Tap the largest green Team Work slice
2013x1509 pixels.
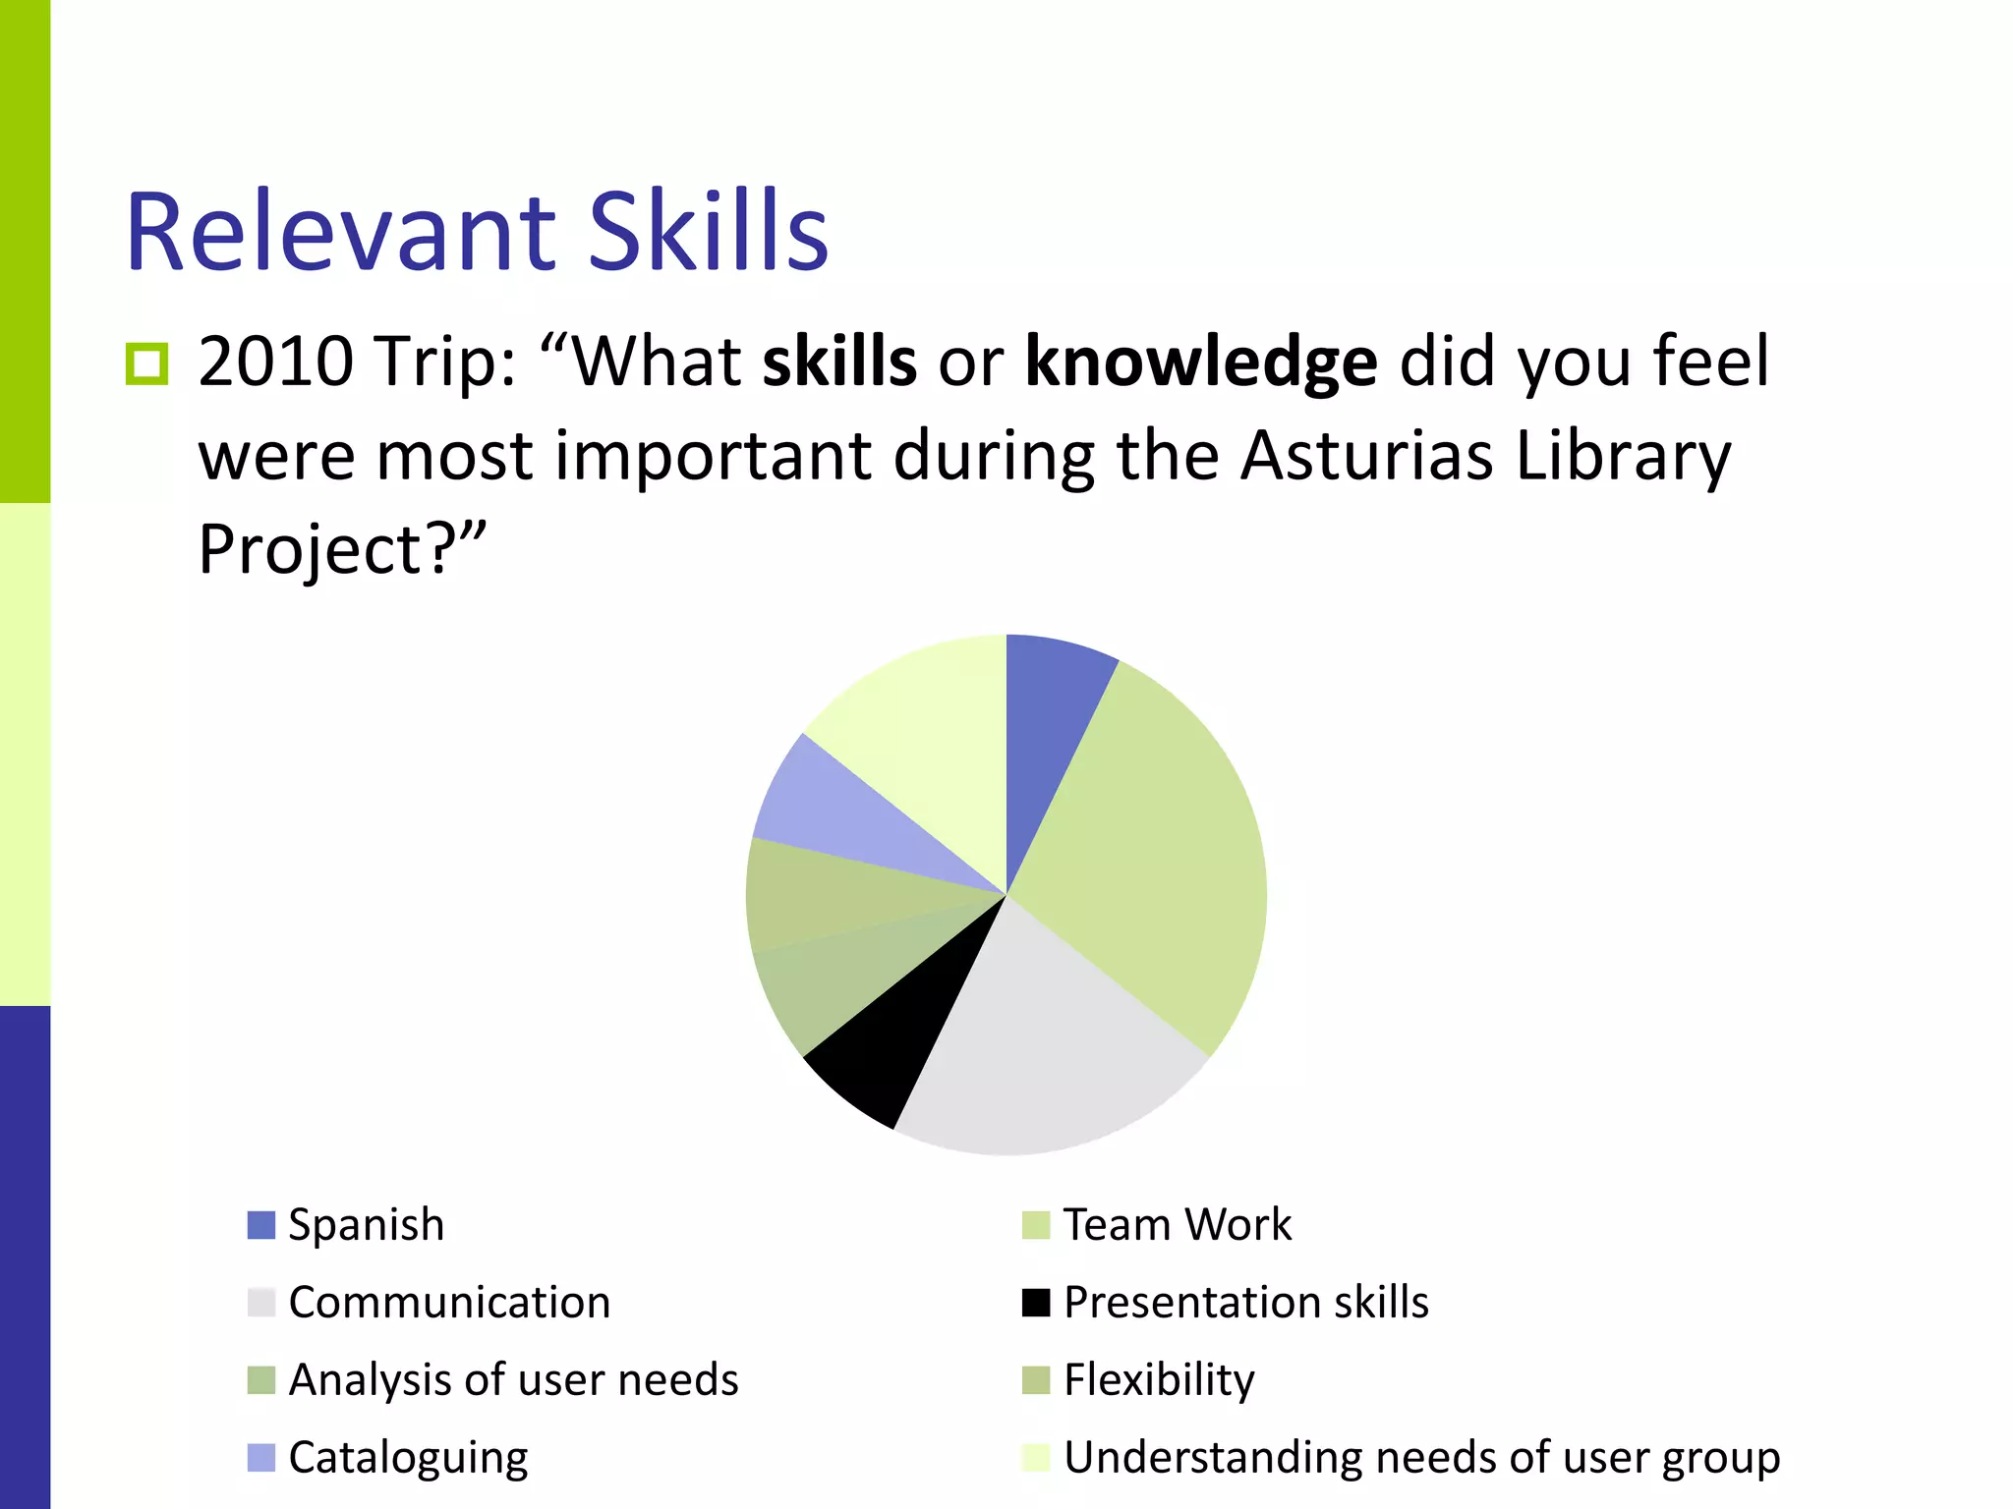coord(1150,865)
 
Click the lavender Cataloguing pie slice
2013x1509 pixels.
coord(845,815)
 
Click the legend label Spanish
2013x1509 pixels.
coord(366,1225)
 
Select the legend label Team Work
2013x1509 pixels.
coord(1177,1225)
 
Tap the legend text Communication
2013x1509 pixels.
coord(449,1303)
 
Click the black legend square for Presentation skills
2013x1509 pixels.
coord(1036,1303)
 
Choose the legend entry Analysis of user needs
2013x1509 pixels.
coord(513,1380)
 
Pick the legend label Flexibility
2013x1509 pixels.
coord(1159,1380)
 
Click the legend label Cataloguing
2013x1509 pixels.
coord(408,1458)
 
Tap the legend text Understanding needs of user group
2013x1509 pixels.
coord(1421,1458)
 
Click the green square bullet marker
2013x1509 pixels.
coord(147,364)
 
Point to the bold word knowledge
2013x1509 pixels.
coord(1200,362)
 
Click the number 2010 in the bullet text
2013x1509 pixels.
coord(275,362)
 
